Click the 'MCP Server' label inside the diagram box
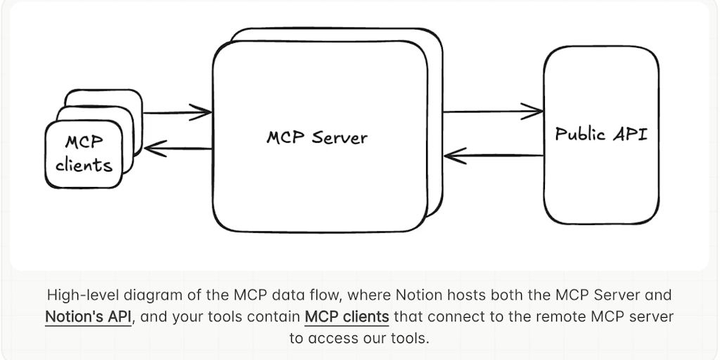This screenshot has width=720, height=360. [x=316, y=136]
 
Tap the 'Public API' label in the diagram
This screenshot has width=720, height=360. [x=601, y=134]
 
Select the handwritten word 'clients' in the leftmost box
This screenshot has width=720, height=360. [x=84, y=165]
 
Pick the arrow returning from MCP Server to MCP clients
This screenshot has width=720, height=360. [x=179, y=148]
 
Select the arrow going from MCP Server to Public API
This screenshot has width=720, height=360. [x=492, y=110]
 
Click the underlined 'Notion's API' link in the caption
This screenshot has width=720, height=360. [x=88, y=316]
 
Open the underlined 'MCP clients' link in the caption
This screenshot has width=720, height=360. [x=347, y=316]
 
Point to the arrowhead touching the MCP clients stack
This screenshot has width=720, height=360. [x=152, y=148]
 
